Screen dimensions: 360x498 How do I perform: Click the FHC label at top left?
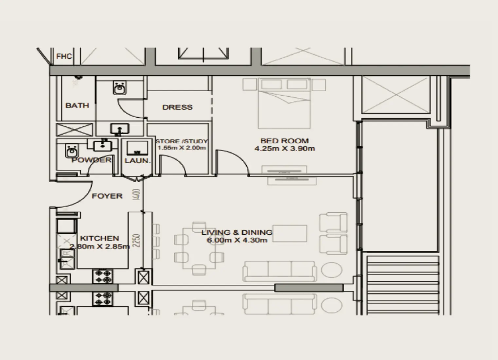point(64,56)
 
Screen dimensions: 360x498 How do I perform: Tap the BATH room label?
point(77,105)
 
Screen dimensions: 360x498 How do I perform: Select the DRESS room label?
point(177,107)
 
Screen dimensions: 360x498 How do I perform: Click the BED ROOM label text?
point(284,141)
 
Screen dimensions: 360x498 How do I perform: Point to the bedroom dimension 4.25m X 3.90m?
point(284,149)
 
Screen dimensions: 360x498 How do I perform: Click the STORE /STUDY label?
point(182,141)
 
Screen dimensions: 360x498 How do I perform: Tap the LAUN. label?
point(137,161)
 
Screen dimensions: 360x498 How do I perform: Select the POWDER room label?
point(91,160)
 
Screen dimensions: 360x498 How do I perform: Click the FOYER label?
point(107,196)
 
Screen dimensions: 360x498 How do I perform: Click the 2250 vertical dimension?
point(137,241)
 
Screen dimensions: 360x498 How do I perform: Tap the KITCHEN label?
point(99,238)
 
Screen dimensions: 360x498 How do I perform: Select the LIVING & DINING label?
point(237,233)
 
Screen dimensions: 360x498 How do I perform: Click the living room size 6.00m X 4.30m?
point(237,240)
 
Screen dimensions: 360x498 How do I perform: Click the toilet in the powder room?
point(71,151)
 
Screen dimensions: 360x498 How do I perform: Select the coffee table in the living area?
point(290,233)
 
